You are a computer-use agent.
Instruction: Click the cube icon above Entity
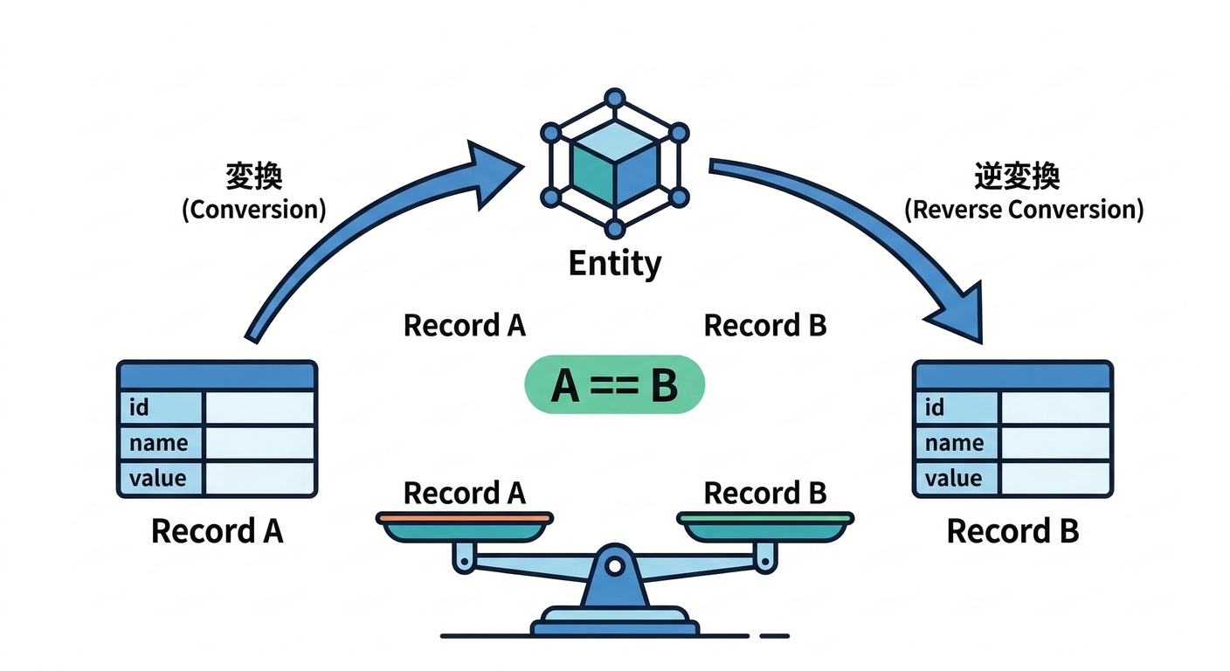coord(614,163)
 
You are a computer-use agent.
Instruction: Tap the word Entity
coord(615,264)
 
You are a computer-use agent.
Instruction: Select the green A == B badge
coord(614,384)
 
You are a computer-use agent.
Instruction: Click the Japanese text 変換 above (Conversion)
coord(253,176)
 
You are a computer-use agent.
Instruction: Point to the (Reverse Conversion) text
coord(1024,210)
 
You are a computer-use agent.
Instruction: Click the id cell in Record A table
coord(161,407)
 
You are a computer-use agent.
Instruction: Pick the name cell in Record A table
coord(161,443)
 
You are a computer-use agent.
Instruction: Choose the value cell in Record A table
coord(161,478)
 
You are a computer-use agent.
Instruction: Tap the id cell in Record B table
coord(957,407)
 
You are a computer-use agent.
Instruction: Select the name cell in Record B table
coord(957,443)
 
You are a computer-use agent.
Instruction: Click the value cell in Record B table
coord(957,478)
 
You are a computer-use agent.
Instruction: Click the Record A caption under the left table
coord(217,531)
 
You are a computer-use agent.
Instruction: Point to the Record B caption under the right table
coord(1012,531)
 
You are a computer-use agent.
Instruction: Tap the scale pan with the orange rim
coord(465,526)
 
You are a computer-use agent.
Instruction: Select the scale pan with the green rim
coord(765,526)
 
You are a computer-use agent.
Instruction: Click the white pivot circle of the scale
coord(615,565)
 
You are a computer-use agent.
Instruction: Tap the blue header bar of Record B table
coord(1012,376)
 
